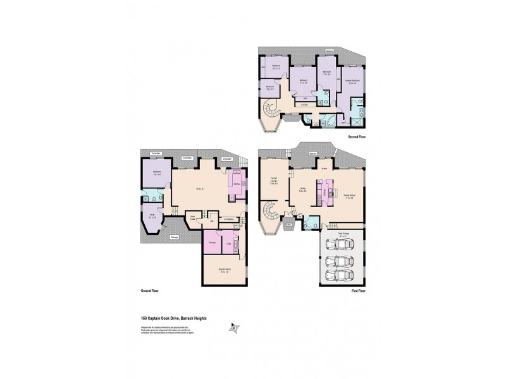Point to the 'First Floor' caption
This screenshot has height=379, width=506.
coord(358,292)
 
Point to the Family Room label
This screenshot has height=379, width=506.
coord(348,196)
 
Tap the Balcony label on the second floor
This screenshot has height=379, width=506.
coord(329,51)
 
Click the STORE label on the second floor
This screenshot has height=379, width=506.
coord(304,105)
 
